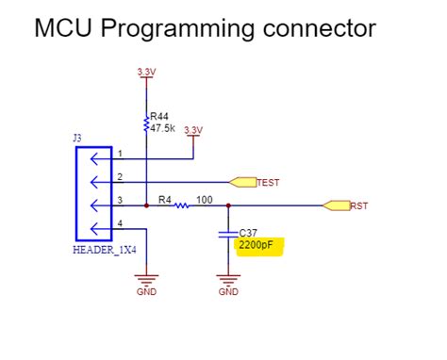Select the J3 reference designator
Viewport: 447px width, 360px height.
click(x=77, y=139)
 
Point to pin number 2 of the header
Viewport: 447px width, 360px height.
click(x=120, y=175)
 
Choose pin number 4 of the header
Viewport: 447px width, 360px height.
click(x=120, y=222)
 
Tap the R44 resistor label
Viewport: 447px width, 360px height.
click(x=159, y=118)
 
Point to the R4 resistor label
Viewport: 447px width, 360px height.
click(x=164, y=199)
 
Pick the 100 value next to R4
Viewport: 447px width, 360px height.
click(x=205, y=199)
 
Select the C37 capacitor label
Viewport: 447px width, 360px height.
click(x=248, y=232)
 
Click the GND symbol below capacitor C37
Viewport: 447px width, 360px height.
click(x=227, y=280)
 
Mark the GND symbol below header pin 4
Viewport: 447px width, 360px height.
click(x=146, y=280)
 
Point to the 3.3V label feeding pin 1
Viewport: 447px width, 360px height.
click(x=192, y=129)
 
